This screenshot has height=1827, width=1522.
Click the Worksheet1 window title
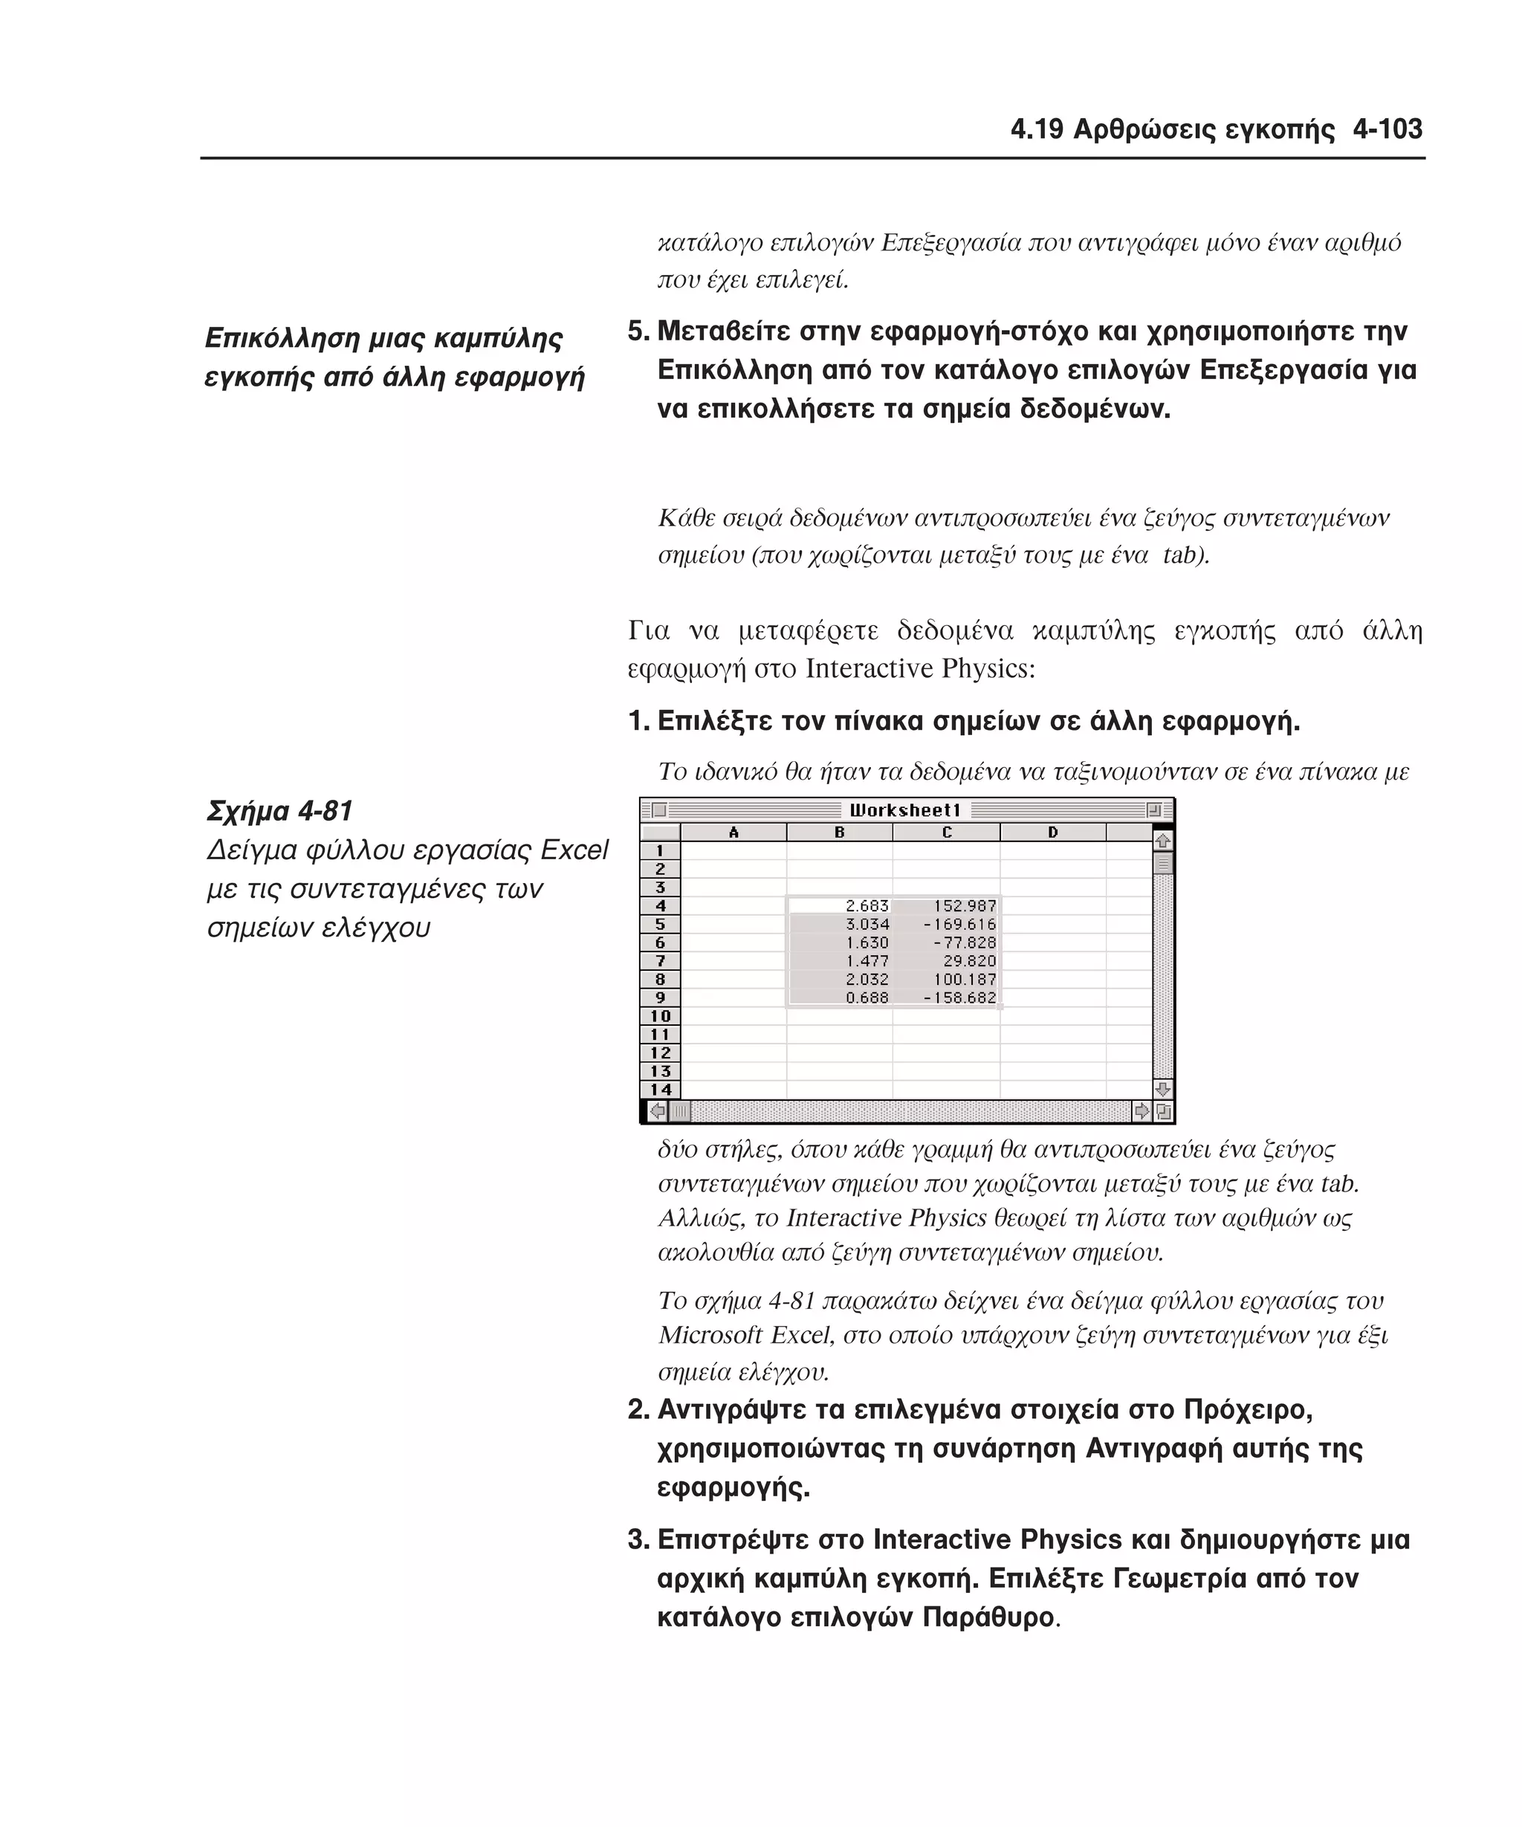point(904,810)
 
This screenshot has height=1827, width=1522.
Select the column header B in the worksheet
point(839,832)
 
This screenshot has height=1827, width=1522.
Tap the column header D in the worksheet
point(1052,832)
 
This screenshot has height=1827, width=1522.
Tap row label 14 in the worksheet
point(660,1089)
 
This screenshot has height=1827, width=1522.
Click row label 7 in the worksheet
point(660,961)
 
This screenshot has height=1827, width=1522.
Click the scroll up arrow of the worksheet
point(1163,841)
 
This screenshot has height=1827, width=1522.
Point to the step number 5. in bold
point(638,332)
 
